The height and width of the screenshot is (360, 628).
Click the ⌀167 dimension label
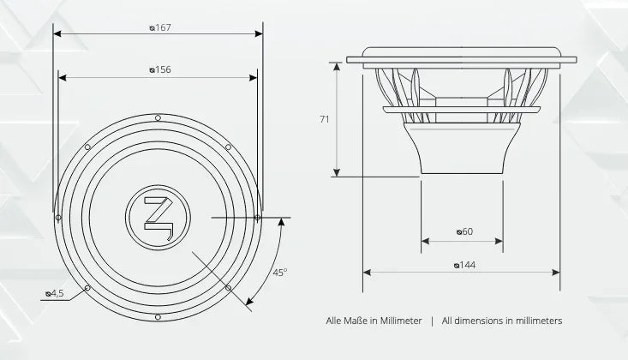159,28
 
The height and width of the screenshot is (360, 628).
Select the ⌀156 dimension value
159,70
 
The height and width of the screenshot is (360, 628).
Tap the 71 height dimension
324,120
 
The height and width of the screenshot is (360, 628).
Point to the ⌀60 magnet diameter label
464,231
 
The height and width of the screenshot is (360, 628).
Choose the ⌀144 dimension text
464,265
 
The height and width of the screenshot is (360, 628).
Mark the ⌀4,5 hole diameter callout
54,294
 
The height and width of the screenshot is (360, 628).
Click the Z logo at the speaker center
158,217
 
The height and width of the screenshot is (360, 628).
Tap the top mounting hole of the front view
158,117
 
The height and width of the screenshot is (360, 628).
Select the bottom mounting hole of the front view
158,317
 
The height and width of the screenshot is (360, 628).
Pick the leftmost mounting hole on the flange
58,217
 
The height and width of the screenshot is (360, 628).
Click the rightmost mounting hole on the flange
258,217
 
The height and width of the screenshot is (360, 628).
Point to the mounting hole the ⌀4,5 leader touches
87,288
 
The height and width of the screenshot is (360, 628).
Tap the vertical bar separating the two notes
432,321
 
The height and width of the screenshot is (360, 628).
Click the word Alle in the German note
335,321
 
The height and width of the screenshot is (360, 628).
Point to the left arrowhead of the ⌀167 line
57,35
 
